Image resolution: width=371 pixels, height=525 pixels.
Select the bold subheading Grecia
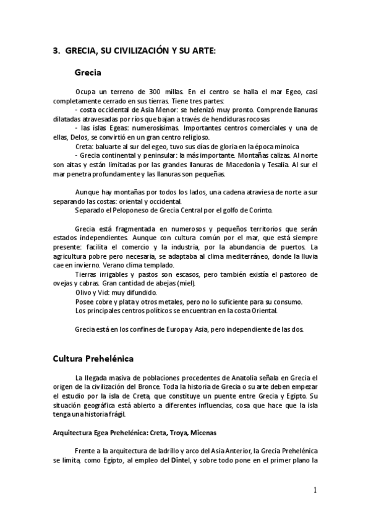click(88, 72)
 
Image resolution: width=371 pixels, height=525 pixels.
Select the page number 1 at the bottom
click(315, 490)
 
